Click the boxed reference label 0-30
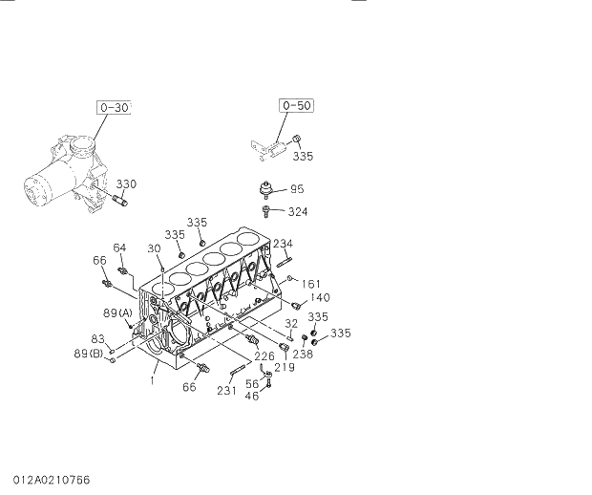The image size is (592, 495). (x=114, y=108)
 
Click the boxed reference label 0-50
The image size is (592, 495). (x=296, y=105)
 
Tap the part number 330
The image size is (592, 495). (x=127, y=183)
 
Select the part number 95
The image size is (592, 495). (x=297, y=189)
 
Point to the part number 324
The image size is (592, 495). (x=298, y=211)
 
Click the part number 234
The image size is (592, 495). (x=283, y=244)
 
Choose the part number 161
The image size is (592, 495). (x=311, y=283)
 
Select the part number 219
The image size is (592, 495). (x=284, y=368)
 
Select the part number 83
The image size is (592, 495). (x=96, y=338)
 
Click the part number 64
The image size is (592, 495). (x=119, y=248)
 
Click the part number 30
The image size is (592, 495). (x=154, y=247)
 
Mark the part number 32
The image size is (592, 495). (x=290, y=323)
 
